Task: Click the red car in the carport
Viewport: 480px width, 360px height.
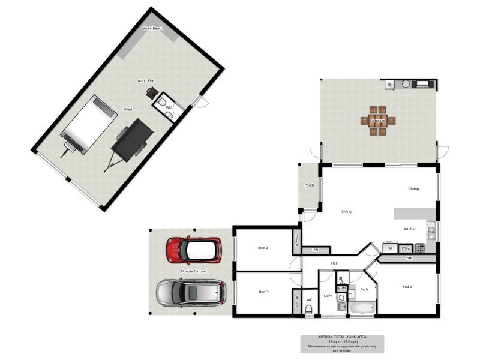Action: coord(194,250)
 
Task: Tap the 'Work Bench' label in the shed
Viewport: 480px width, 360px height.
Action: coord(152,28)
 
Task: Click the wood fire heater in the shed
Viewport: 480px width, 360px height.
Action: coord(151,93)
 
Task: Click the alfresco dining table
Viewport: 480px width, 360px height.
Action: coord(378,120)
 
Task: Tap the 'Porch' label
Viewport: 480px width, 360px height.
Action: coord(309,185)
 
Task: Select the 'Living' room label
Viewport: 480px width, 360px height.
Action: coord(346,212)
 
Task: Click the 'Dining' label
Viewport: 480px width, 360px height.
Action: coord(413,189)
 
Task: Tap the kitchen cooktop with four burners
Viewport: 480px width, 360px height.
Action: coord(421,248)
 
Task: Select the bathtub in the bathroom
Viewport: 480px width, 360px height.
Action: coord(362,309)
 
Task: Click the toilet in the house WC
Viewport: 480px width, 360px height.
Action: coord(309,309)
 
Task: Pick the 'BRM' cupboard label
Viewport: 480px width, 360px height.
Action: coord(342,289)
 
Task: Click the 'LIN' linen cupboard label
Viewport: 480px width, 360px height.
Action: coord(314,250)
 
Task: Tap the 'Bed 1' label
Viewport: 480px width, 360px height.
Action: coord(407,287)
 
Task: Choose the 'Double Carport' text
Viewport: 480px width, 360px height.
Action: coord(193,272)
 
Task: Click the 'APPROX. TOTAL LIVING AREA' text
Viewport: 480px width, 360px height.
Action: coord(342,337)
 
